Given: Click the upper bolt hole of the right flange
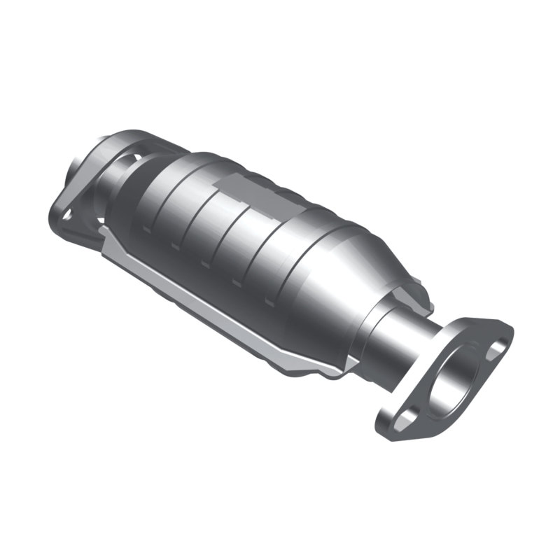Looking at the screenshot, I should click(x=498, y=345).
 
